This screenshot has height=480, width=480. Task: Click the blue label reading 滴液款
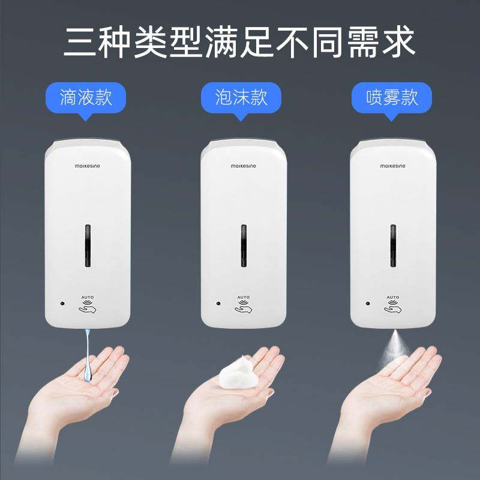(86, 97)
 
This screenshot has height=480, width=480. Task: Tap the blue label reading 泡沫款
(241, 97)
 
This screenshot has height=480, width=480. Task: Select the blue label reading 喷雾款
(392, 97)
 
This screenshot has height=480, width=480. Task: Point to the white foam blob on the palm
(238, 372)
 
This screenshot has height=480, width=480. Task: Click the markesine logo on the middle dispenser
(243, 165)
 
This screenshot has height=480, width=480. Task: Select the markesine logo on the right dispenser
(392, 165)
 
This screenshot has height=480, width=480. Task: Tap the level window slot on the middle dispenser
(244, 246)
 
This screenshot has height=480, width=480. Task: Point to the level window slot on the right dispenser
(393, 246)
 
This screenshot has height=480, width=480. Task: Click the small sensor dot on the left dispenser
(62, 304)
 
